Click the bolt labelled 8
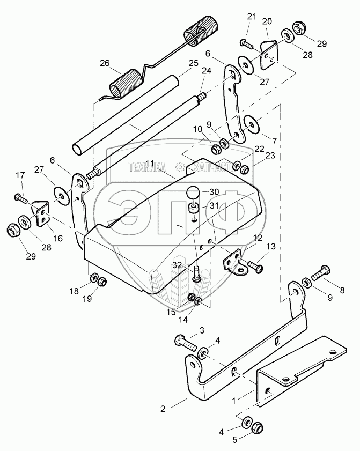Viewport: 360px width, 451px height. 321,273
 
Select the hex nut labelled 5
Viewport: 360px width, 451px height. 256,428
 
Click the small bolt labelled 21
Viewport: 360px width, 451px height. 246,42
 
